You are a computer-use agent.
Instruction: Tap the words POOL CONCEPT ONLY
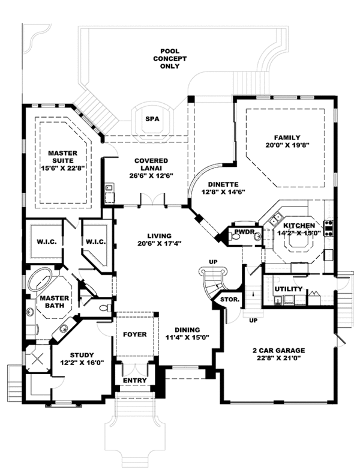173,58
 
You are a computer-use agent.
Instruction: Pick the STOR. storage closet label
230,298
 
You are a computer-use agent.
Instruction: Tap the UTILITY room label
287,289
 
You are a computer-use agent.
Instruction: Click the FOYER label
134,334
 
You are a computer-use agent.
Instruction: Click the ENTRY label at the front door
134,381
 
